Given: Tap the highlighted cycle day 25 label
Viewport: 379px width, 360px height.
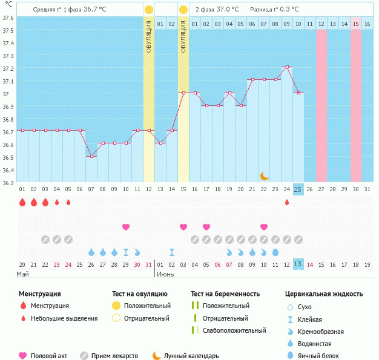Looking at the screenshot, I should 298,189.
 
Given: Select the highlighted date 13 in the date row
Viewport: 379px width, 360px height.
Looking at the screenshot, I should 298,264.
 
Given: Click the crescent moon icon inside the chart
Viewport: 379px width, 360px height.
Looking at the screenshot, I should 264,175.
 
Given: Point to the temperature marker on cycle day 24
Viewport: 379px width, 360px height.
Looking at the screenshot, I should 286,67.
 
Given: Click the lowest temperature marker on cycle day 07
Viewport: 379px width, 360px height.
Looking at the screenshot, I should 91,156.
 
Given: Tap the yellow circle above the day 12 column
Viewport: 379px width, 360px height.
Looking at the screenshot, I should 149,10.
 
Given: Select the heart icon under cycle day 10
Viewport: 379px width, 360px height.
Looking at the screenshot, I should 126,227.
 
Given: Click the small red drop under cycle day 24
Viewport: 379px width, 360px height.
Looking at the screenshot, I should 286,202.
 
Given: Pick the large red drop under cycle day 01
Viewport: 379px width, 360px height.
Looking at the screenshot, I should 22,202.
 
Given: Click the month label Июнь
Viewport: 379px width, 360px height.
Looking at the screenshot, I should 166,275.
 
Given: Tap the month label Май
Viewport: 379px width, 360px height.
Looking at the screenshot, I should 22,275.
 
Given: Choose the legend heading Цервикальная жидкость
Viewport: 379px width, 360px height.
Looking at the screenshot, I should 324,294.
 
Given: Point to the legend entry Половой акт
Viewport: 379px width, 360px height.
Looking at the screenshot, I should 52,356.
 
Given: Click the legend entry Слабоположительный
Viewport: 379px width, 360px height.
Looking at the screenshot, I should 234,330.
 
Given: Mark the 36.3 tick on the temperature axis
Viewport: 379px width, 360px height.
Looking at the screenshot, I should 8,182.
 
